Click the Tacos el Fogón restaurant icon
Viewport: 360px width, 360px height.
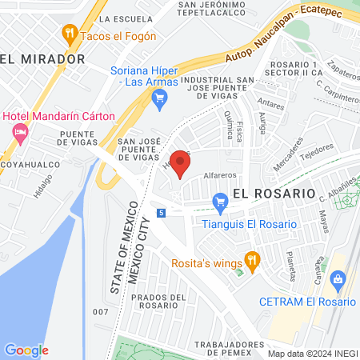click(70, 34)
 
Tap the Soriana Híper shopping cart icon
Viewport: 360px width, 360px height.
click(158, 98)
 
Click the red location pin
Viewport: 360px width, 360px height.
click(180, 166)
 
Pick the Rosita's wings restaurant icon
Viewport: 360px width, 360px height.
click(254, 258)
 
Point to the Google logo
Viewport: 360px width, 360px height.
click(26, 350)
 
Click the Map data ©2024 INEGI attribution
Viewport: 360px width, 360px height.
click(312, 354)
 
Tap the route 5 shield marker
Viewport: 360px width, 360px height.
click(162, 213)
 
